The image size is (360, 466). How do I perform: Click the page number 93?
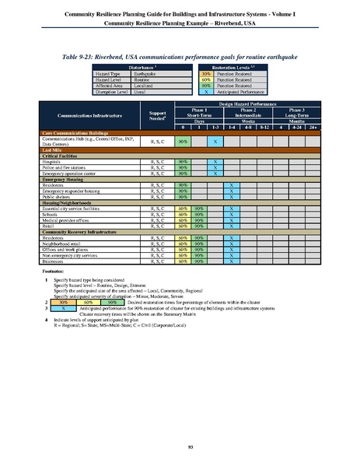click(x=180, y=446)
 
